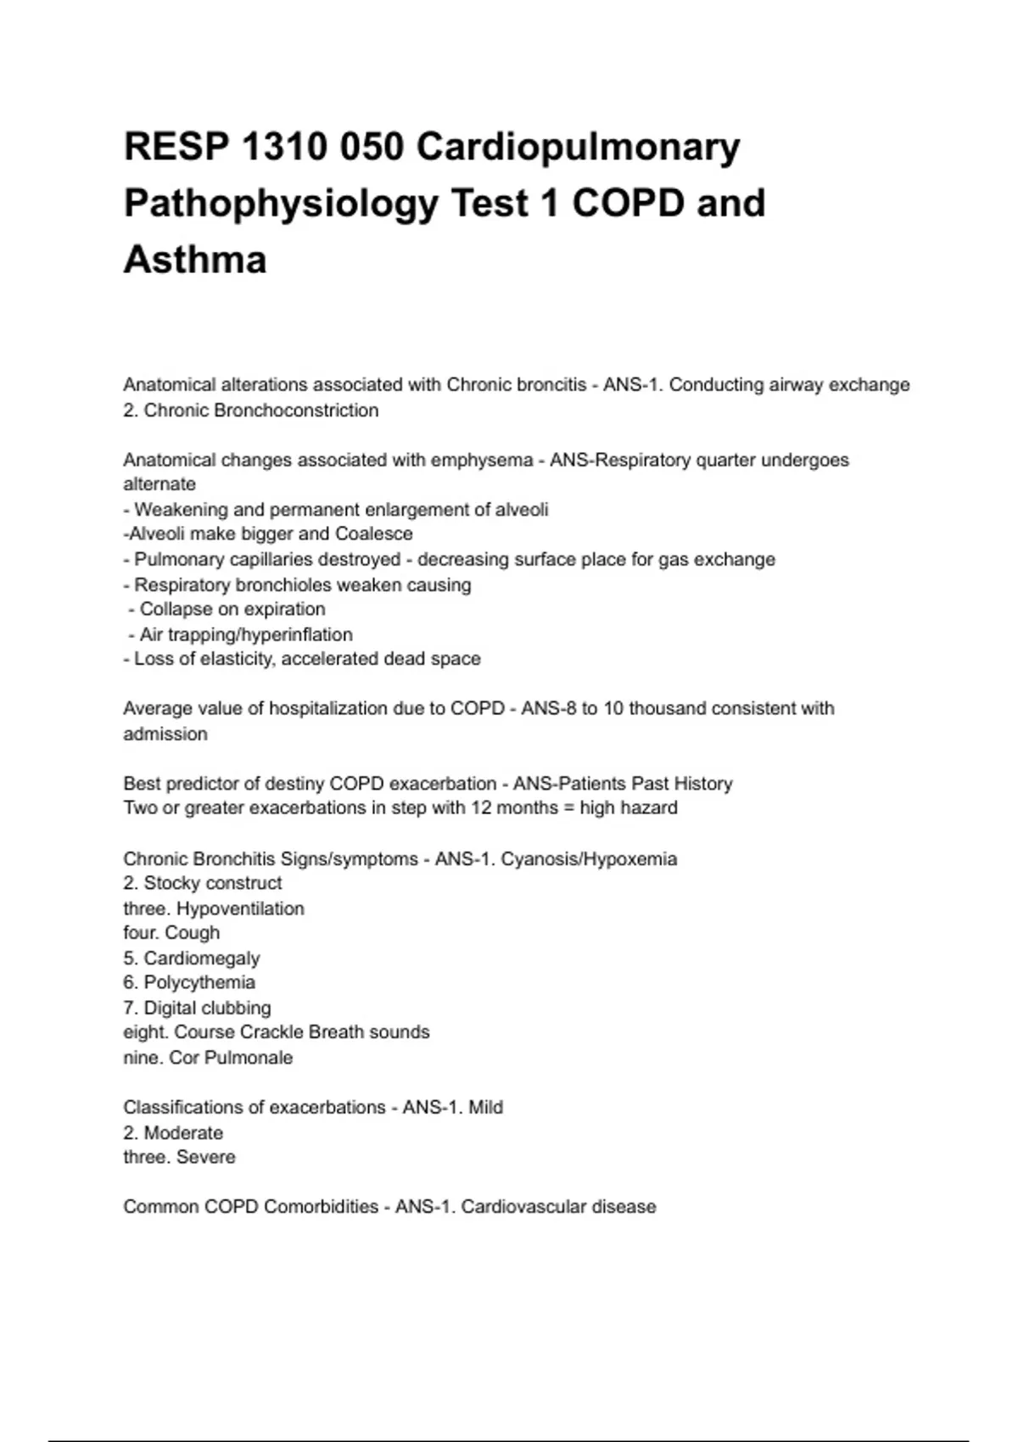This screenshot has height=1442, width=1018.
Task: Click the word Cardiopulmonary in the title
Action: [x=578, y=148]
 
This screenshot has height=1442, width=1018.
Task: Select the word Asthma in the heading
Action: [x=195, y=260]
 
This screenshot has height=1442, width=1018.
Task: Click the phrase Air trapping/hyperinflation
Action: [x=246, y=634]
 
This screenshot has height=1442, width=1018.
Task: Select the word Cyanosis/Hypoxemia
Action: [x=589, y=859]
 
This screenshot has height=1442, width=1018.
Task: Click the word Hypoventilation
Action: [x=240, y=908]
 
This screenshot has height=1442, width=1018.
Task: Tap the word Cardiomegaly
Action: [x=202, y=959]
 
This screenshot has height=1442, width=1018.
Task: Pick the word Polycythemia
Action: [x=199, y=982]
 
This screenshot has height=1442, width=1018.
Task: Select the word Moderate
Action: [x=183, y=1133]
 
